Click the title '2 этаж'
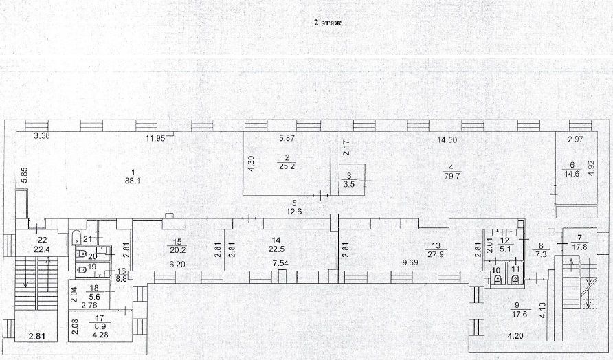coord(328,23)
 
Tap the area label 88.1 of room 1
coord(133,182)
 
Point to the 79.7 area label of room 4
coord(450,177)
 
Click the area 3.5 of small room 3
coord(349,185)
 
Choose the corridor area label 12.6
coord(293,211)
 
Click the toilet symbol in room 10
coord(498,279)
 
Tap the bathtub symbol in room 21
coord(76,239)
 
